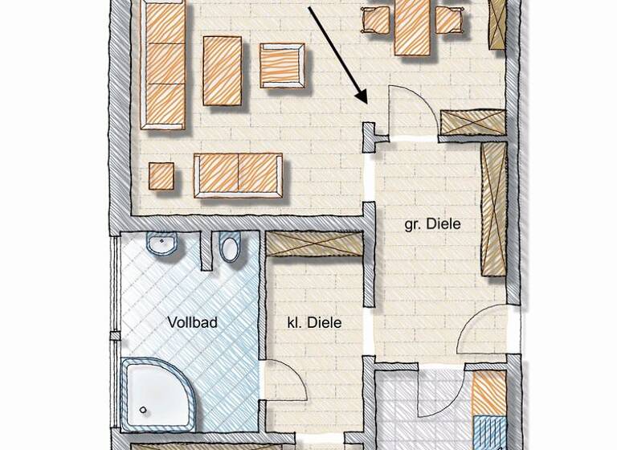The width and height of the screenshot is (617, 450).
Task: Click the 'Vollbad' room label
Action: point(193,322)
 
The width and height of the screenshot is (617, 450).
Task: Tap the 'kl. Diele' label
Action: point(314,322)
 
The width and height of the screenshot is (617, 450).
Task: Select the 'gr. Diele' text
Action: point(432,224)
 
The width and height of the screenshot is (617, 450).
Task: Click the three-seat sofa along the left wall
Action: point(164,64)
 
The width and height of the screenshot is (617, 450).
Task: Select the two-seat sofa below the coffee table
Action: point(239,174)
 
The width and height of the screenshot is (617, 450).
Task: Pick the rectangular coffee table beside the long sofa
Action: point(223,71)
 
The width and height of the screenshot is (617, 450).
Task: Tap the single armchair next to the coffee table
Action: point(282,65)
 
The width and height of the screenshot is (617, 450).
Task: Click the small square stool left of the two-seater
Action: point(161,176)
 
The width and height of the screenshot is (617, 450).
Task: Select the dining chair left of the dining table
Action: point(375,19)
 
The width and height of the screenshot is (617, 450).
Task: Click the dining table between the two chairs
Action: point(412,27)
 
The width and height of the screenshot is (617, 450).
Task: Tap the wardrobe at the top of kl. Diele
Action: point(314,244)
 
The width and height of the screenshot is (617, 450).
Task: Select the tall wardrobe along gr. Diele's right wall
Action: point(493,209)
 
